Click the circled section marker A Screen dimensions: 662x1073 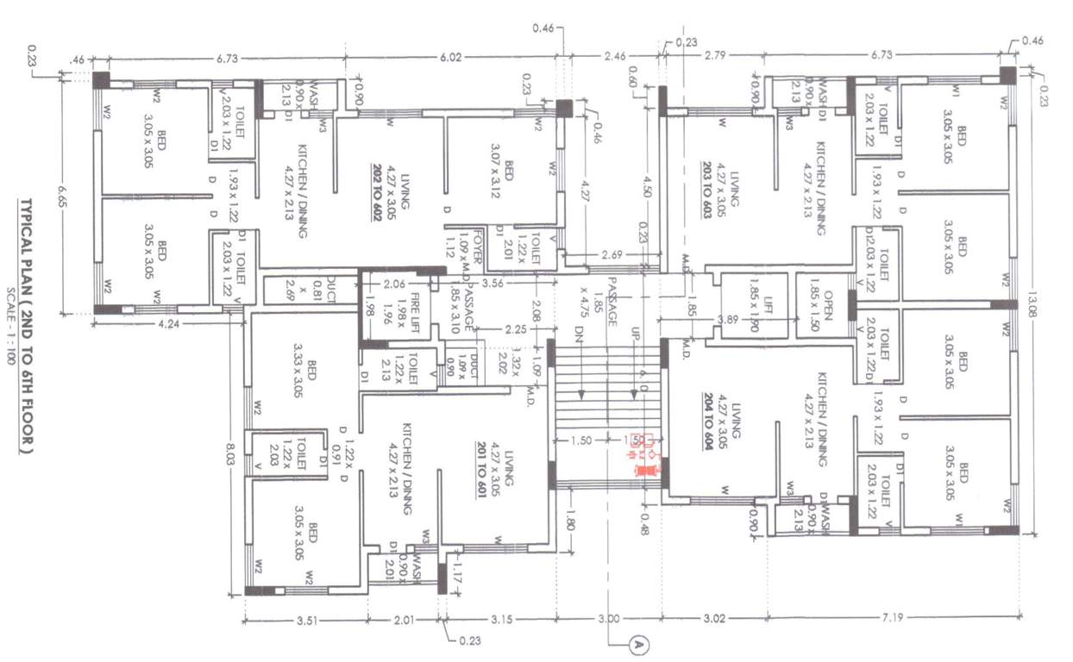(x=639, y=643)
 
